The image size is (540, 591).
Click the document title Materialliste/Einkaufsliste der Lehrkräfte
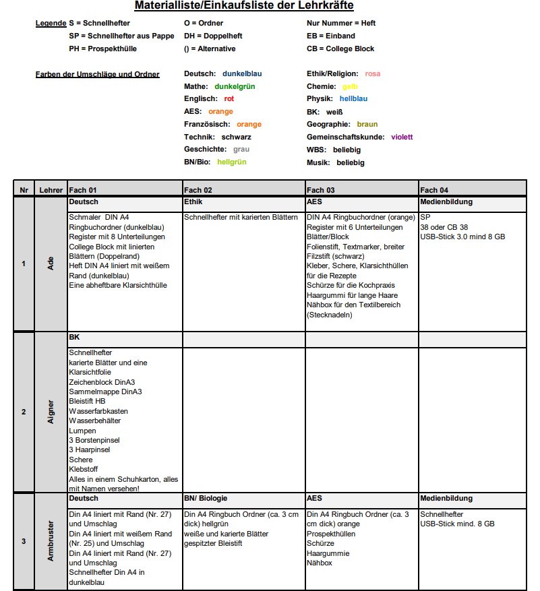coord(243,6)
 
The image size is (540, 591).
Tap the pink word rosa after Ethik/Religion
coord(373,73)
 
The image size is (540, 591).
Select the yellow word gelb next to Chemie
coord(350,86)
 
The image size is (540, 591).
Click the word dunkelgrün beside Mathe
coord(235,86)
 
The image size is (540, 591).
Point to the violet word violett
coord(402,137)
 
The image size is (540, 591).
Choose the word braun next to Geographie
coord(367,124)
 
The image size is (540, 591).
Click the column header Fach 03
coord(320,190)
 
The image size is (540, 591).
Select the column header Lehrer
coord(51,190)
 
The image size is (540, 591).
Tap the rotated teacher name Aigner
coord(51,411)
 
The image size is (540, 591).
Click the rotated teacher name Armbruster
coord(51,540)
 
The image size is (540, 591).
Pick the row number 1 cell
coord(24,263)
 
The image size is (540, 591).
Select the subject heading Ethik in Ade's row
coord(193,201)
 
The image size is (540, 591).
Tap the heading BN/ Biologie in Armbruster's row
coord(206,498)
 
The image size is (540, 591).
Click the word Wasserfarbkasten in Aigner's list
coord(98,411)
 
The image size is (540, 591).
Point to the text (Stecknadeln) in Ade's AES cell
coord(329,315)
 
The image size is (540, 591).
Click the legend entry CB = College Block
coord(340,49)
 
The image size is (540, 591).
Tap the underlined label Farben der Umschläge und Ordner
coord(97,73)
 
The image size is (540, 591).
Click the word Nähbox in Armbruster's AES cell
coord(320,563)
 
